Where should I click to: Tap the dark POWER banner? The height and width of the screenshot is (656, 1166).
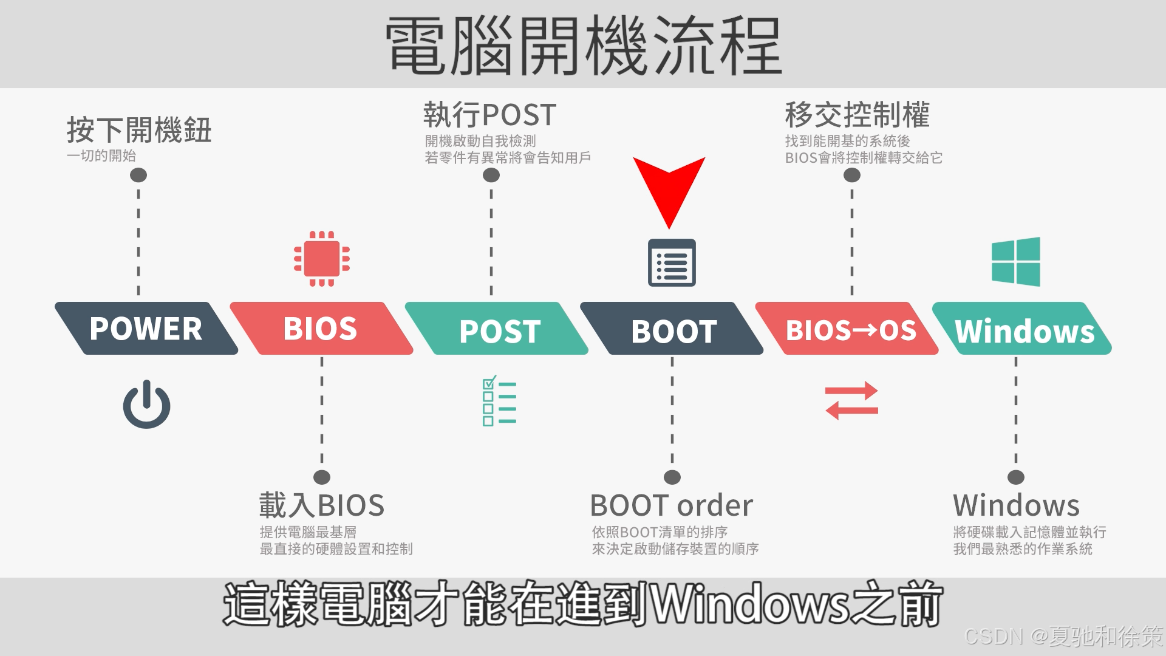pos(146,329)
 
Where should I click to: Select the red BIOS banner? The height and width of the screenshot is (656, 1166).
pos(321,329)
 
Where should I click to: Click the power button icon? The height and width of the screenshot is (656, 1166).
pos(146,405)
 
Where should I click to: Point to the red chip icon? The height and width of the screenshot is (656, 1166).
pos(321,259)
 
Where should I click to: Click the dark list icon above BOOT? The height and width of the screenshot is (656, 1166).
pos(672,262)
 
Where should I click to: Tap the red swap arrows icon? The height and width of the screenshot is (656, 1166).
pos(851,401)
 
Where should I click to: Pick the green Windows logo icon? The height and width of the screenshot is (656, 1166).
pos(1015,262)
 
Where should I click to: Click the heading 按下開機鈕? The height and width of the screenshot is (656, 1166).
pos(139,130)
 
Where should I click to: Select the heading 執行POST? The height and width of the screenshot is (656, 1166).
pos(489,115)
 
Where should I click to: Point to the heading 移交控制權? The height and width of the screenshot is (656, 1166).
pos(857,115)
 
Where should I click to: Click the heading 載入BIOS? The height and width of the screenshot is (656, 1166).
pos(322,505)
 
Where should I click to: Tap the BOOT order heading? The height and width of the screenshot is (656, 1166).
pos(671,505)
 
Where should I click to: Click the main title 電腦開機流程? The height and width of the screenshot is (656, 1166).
pos(583,46)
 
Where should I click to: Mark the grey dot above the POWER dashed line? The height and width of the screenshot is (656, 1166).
pos(138,176)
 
